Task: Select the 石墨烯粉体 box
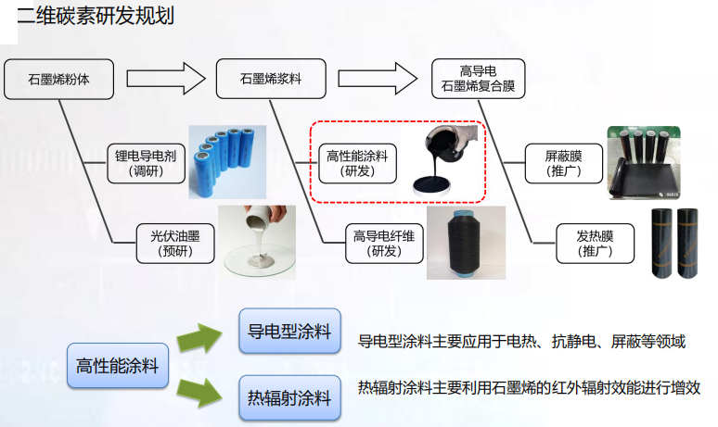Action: point(58,79)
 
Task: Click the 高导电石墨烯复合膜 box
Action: point(479,79)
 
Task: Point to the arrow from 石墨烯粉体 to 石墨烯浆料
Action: point(164,78)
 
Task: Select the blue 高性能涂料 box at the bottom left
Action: point(117,366)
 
